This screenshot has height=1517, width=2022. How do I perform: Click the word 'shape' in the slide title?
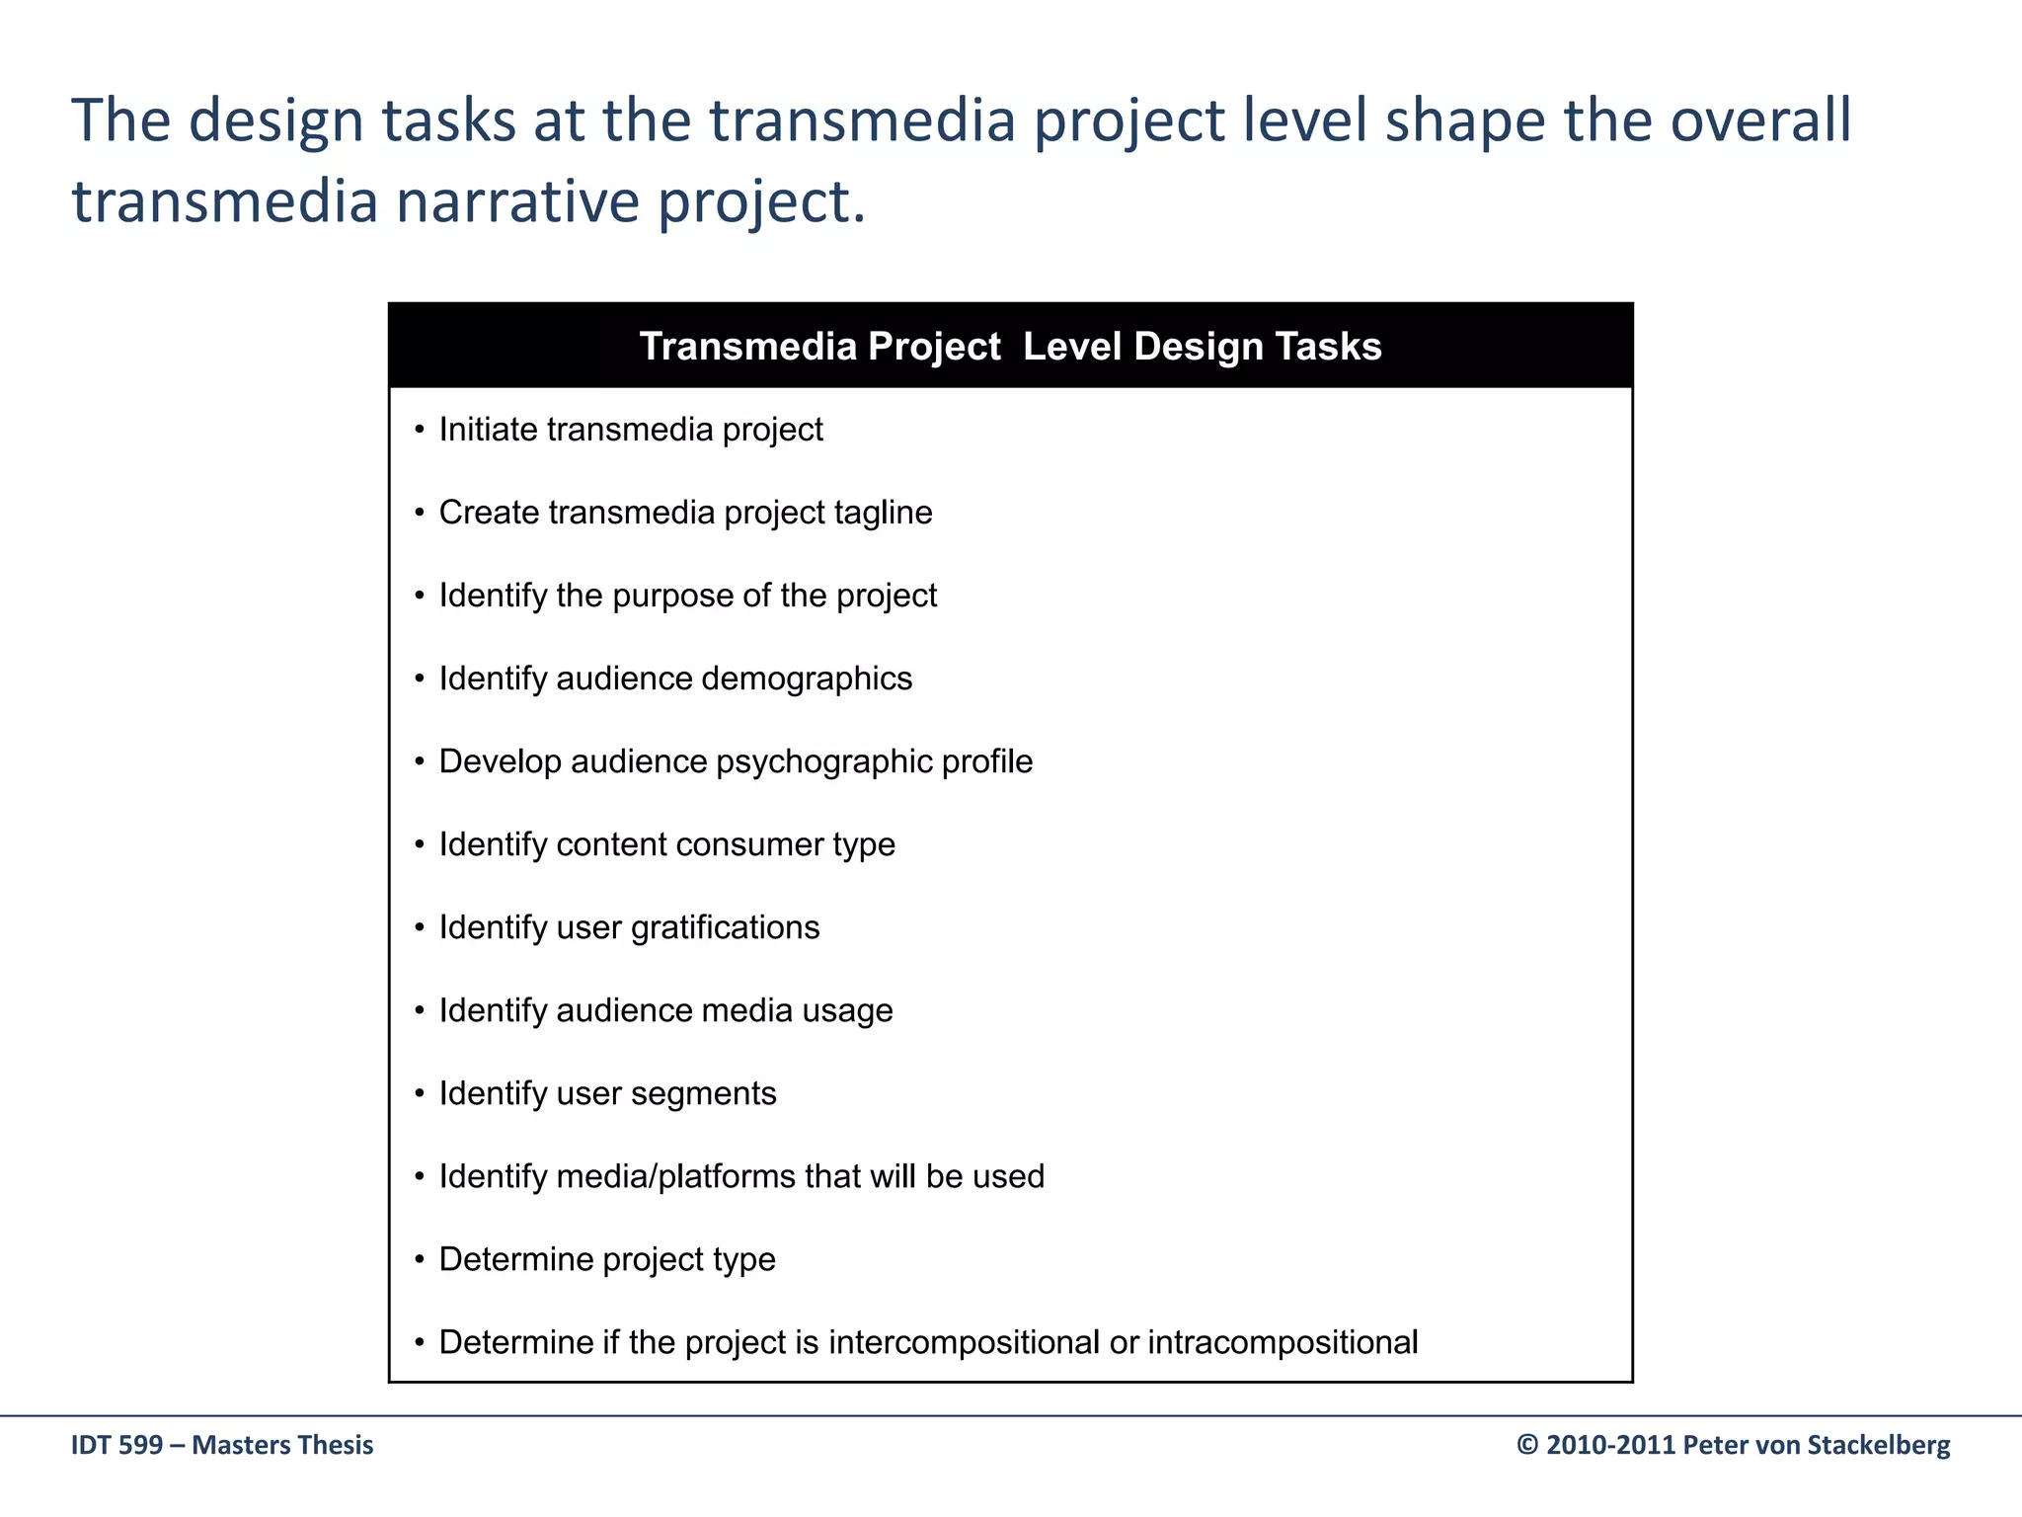tap(1464, 120)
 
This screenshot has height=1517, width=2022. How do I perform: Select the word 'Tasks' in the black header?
tap(1328, 347)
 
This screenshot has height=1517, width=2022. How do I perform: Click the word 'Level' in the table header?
tap(1071, 347)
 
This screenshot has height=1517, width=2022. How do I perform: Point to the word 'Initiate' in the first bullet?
tap(488, 430)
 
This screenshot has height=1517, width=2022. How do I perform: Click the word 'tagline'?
tap(883, 513)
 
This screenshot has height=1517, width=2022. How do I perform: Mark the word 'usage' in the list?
tap(848, 1010)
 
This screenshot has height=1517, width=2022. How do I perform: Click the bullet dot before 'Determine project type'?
tap(420, 1259)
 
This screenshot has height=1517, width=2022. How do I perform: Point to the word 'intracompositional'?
tap(1283, 1342)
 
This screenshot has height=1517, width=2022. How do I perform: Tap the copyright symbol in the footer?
tap(1527, 1445)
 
